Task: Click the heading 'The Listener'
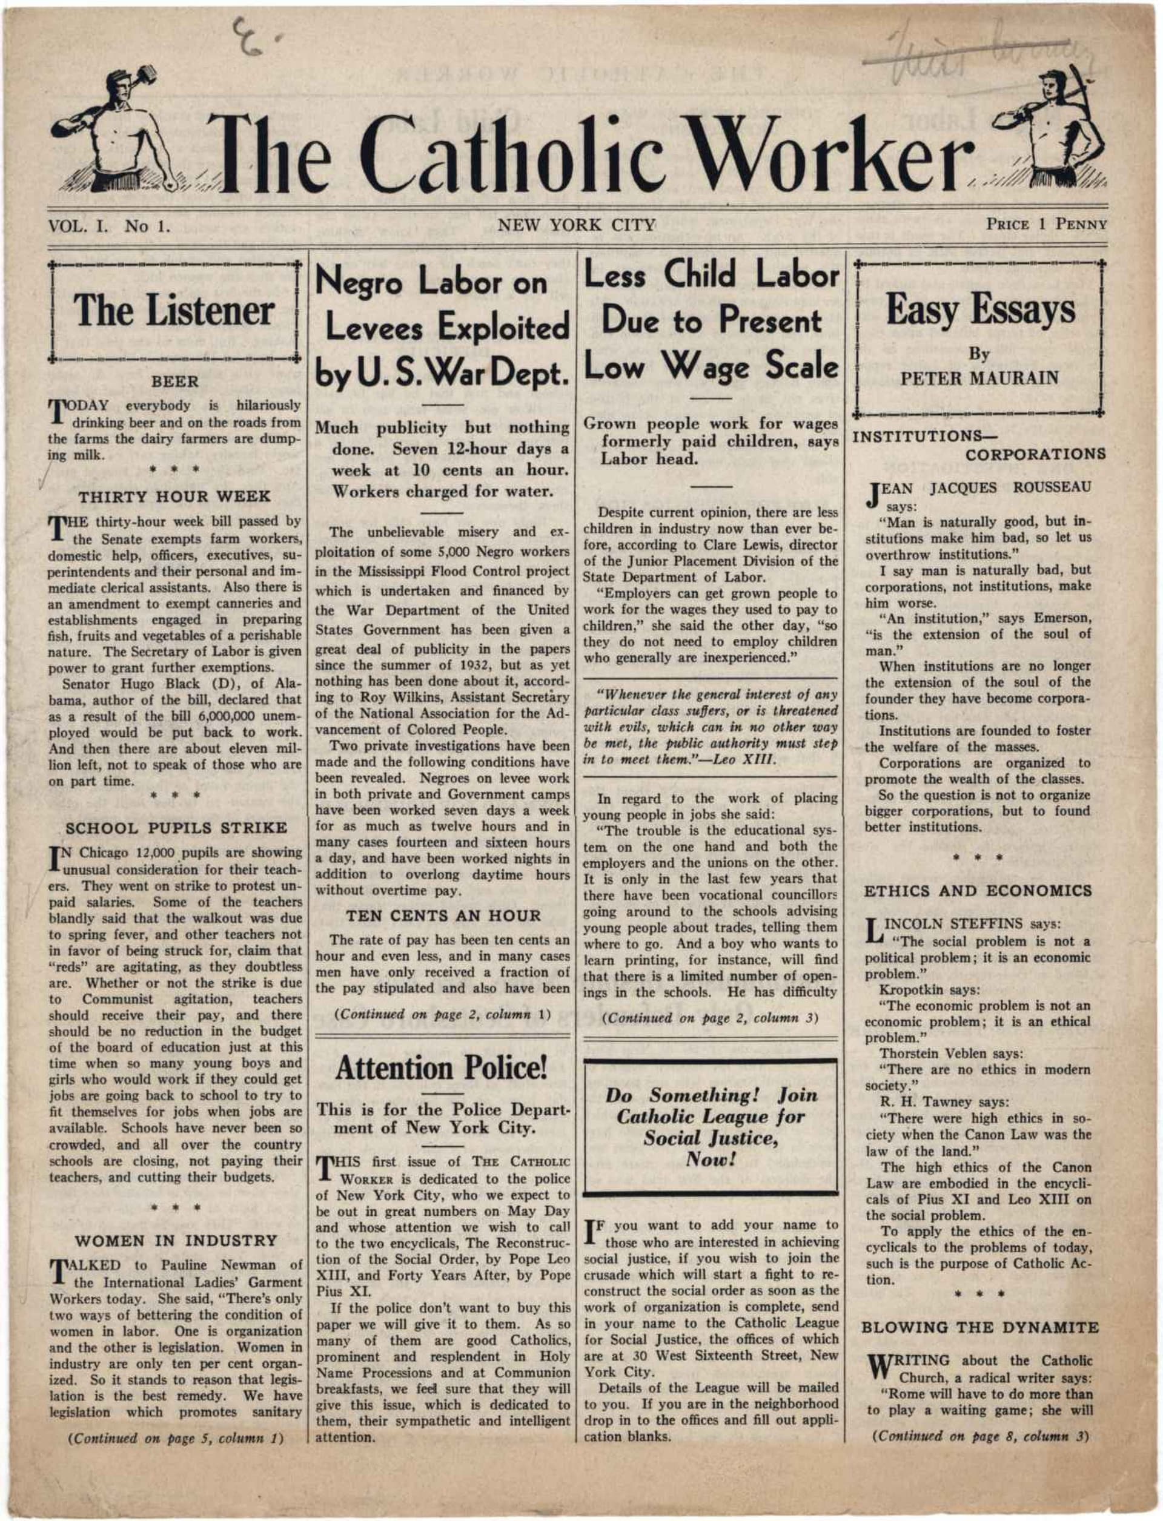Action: coord(174,311)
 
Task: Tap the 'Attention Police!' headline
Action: coord(441,1069)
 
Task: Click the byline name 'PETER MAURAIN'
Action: coord(979,378)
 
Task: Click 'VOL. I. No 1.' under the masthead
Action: coord(108,226)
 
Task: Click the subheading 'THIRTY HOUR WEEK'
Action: coord(174,497)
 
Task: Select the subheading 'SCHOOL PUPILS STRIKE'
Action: coord(176,828)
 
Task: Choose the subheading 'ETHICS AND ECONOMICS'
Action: coord(978,891)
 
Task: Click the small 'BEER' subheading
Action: coord(174,381)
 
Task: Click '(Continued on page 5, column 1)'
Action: coord(176,1438)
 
